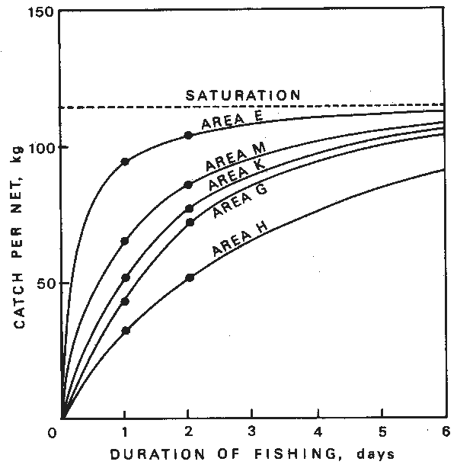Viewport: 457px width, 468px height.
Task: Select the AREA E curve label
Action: pos(232,120)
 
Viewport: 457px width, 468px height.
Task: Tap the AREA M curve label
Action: pos(234,161)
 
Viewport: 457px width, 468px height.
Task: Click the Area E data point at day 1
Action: pos(125,162)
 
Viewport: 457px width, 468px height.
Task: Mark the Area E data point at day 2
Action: pos(189,135)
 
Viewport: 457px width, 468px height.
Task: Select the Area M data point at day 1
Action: pos(125,241)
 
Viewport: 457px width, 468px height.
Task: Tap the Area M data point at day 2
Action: pos(189,184)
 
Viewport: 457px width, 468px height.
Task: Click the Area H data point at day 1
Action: pos(125,330)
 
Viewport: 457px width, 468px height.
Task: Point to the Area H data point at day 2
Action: pos(190,277)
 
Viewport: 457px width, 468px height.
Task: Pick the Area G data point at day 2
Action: pos(190,222)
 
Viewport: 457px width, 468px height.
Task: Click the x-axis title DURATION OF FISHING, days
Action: pos(251,454)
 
